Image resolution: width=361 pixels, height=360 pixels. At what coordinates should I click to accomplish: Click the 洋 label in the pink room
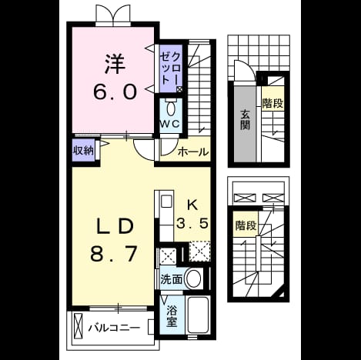click(115, 64)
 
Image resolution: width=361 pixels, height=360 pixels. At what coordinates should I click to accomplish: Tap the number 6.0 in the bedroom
click(115, 92)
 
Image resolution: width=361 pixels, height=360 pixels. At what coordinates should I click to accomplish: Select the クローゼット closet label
click(171, 68)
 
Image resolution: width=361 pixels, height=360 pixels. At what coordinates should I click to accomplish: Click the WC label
click(170, 124)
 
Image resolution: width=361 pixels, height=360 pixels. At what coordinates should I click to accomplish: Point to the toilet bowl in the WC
click(170, 108)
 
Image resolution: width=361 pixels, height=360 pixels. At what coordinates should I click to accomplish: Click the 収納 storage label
click(83, 151)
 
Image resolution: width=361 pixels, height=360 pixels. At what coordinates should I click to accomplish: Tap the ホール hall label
click(193, 152)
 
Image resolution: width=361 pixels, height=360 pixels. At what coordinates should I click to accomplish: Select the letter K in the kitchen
click(192, 205)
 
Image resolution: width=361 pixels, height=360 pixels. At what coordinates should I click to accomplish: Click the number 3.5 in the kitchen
click(192, 223)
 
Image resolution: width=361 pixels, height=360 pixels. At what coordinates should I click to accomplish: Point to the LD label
click(115, 227)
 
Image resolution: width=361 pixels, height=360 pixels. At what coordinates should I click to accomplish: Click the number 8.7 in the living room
click(113, 254)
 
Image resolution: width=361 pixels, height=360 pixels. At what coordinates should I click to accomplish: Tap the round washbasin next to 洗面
click(193, 279)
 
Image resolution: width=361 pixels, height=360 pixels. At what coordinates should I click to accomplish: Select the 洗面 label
click(172, 279)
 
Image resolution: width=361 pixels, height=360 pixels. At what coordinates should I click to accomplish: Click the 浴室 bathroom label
click(172, 317)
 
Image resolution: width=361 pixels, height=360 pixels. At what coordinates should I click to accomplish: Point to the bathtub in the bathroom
click(198, 315)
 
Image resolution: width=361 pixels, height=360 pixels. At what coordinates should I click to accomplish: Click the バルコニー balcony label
click(115, 327)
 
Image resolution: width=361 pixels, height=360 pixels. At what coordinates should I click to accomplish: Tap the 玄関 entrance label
click(246, 120)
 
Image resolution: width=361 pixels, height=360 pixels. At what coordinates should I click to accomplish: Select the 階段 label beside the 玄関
click(272, 103)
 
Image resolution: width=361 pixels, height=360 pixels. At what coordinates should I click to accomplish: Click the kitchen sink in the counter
click(166, 202)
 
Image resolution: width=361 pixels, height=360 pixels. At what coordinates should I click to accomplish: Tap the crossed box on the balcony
click(78, 325)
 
